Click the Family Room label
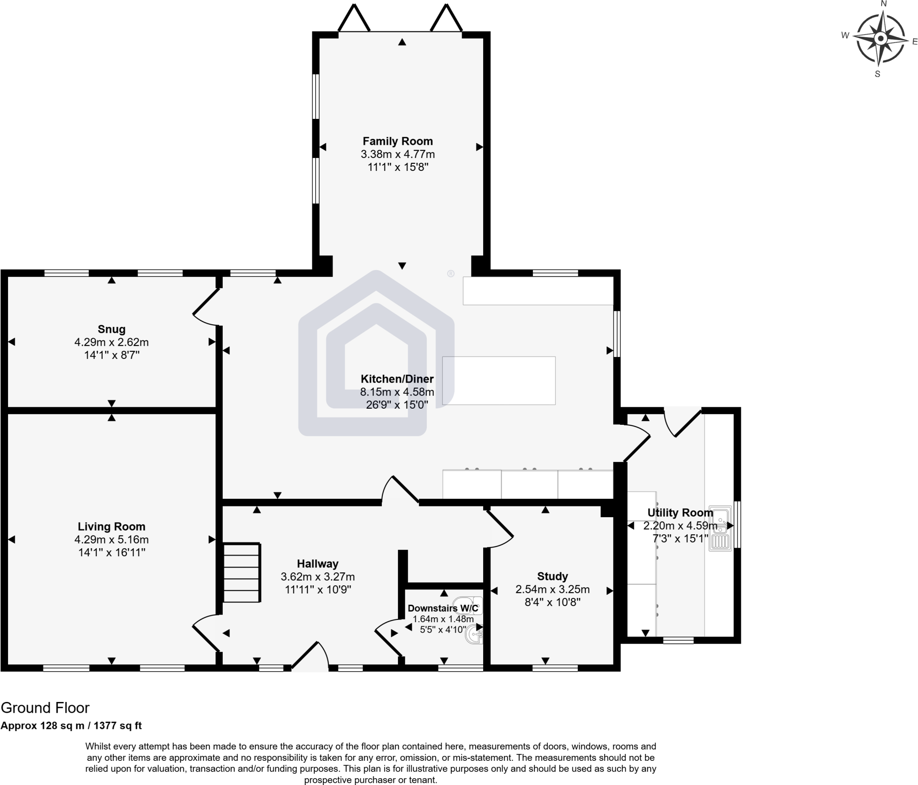398,141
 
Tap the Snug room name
112,329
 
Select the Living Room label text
112,527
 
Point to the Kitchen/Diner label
397,379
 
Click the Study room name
553,576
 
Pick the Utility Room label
680,512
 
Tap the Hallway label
318,564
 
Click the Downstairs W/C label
443,608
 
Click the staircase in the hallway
242,572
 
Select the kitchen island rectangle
499,380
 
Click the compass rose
881,39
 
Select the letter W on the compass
845,35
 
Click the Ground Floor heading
45,708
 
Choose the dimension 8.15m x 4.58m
397,392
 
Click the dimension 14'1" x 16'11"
112,553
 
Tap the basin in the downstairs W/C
474,635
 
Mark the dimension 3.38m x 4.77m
398,154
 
